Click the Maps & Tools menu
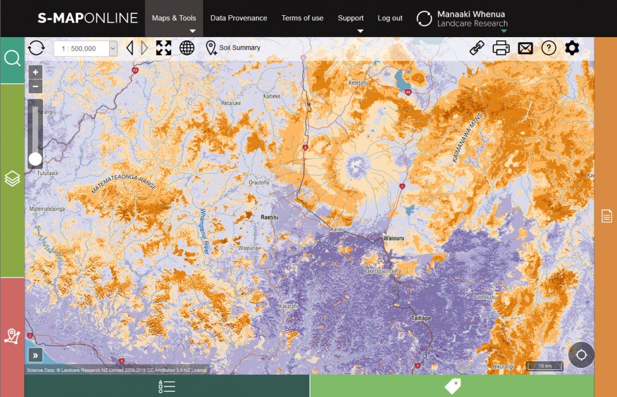point(174,18)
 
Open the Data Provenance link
point(238,18)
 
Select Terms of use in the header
point(302,18)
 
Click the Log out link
point(390,18)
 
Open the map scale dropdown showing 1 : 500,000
point(85,49)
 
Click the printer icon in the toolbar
point(501,48)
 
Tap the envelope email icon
point(526,48)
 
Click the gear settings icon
point(572,48)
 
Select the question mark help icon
point(549,48)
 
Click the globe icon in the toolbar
point(187,48)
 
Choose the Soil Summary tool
point(233,48)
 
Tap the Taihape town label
point(421,318)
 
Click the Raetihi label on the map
point(269,217)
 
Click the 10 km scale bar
point(544,365)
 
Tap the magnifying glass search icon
point(12,59)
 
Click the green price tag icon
point(452,386)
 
